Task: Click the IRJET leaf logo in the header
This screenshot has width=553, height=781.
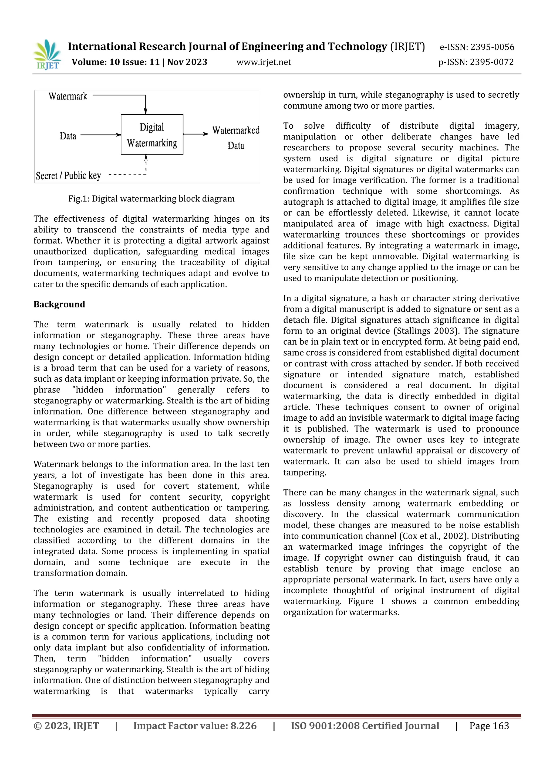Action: click(x=47, y=54)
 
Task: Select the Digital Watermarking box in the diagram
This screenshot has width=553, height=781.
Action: click(x=152, y=135)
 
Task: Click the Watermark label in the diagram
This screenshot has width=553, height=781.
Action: click(x=68, y=96)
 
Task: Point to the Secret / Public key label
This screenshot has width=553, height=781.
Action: click(x=68, y=176)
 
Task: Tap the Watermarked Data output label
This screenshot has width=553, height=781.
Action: click(x=236, y=138)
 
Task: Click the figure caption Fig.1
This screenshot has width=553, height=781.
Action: click(x=151, y=199)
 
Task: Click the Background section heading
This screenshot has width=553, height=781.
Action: click(x=59, y=304)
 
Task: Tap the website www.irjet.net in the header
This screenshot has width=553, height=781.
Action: click(x=264, y=62)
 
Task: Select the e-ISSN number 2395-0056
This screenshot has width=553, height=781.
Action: click(x=492, y=47)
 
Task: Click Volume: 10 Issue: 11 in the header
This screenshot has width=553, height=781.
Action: click(x=116, y=62)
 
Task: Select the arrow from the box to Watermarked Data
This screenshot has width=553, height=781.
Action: click(x=195, y=134)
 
